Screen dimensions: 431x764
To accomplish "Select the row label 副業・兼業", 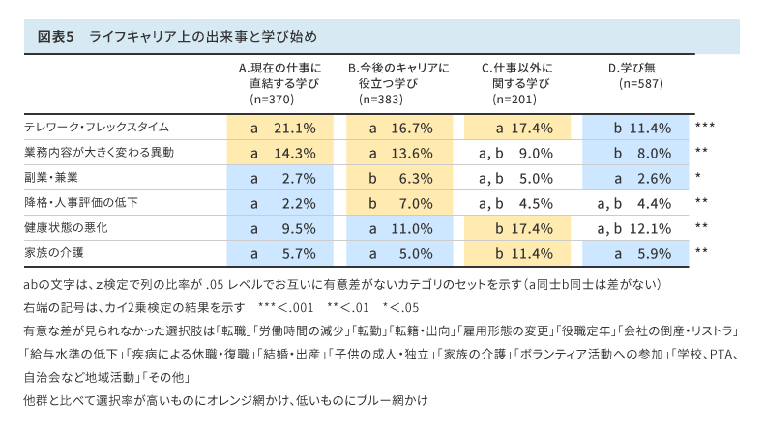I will (x=52, y=178).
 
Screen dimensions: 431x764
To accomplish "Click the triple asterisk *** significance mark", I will (x=704, y=128).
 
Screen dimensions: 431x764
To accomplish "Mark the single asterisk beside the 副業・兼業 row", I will (x=697, y=178).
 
